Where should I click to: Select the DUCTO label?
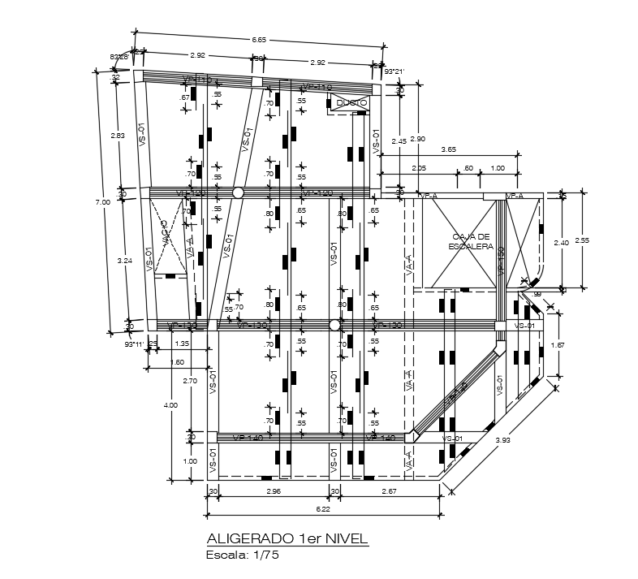[x=351, y=103]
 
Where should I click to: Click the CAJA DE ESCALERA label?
[x=461, y=241]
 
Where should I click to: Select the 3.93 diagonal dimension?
[x=505, y=441]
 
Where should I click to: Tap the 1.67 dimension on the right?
[x=558, y=345]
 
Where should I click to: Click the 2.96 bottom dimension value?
[x=272, y=491]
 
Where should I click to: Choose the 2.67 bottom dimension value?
[x=391, y=491]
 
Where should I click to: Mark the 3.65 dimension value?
[x=448, y=149]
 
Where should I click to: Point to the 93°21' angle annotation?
[x=394, y=72]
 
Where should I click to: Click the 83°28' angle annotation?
[x=119, y=57]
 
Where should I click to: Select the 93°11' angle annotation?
[x=132, y=344]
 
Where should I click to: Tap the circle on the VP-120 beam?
[x=238, y=192]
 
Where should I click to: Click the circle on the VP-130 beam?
[x=334, y=325]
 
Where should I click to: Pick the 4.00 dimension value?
[x=170, y=404]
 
